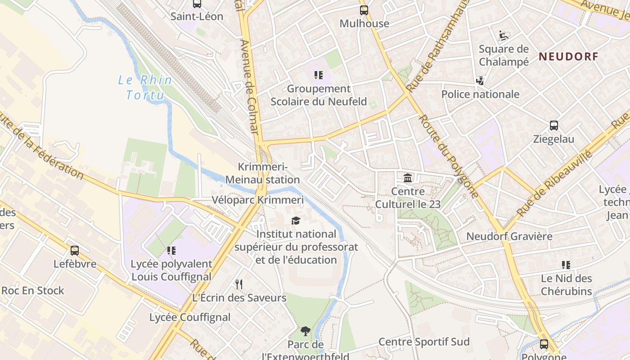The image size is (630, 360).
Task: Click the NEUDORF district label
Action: click(x=568, y=56)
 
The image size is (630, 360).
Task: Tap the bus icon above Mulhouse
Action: click(x=364, y=10)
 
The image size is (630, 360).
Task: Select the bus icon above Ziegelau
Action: click(x=553, y=126)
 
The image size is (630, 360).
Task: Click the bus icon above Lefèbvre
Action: click(x=75, y=250)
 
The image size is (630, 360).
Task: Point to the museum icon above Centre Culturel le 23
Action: click(x=408, y=178)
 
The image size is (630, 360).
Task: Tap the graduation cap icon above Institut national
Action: click(x=296, y=220)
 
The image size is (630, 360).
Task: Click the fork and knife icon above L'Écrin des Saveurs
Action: click(x=239, y=284)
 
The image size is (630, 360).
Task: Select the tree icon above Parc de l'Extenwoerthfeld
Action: click(x=306, y=332)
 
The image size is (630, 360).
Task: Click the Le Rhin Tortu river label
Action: click(x=145, y=87)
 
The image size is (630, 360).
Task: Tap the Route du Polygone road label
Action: click(x=448, y=156)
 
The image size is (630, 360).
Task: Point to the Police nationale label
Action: click(x=480, y=94)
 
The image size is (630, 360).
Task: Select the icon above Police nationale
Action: click(x=480, y=81)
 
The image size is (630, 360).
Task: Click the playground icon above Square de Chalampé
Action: click(x=504, y=35)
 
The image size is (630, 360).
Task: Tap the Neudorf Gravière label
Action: click(x=509, y=236)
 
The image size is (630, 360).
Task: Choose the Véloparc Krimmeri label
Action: click(x=257, y=200)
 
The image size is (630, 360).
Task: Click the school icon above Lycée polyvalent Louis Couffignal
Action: click(x=171, y=250)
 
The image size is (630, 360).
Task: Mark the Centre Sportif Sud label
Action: click(x=424, y=342)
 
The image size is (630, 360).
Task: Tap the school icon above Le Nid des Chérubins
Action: click(x=566, y=265)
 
